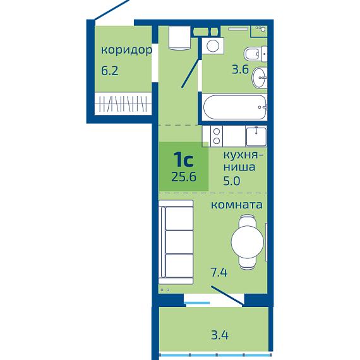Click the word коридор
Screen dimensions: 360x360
[x=126, y=50]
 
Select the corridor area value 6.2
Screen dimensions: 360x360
[x=110, y=71]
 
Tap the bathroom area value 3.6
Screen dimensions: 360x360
[x=240, y=69]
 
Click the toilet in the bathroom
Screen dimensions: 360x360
[x=255, y=54]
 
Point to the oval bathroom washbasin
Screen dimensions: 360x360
[x=260, y=78]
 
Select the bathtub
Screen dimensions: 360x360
[x=235, y=107]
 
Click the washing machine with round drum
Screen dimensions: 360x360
[x=213, y=45]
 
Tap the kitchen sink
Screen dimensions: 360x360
[x=256, y=136]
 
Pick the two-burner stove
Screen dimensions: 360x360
[x=217, y=136]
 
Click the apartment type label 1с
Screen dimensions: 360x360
[x=183, y=159]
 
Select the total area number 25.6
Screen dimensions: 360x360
[x=184, y=177]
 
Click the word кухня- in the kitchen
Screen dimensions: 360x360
[x=243, y=156]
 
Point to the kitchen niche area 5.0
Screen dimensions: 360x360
[x=232, y=181]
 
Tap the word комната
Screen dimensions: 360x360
[x=236, y=205]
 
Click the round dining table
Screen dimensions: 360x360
[x=248, y=242]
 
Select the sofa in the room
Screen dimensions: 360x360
[x=176, y=242]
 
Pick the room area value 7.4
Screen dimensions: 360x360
[x=219, y=272]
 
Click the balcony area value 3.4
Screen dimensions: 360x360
[x=220, y=335]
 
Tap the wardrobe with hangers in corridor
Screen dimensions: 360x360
[x=123, y=104]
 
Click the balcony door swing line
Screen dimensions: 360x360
[x=227, y=296]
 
